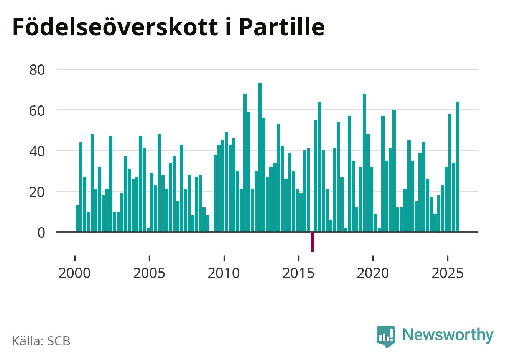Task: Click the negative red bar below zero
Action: point(312,242)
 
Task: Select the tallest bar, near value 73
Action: point(260,157)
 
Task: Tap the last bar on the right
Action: point(457,167)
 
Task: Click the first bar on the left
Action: point(77,219)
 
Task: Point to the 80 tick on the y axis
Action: point(37,70)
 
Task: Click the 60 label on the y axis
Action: point(37,110)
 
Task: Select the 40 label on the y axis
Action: point(37,151)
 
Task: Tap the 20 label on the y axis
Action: point(37,192)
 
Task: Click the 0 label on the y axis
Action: point(41,232)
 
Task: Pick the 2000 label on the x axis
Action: point(74,273)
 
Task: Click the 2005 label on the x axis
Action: point(149,273)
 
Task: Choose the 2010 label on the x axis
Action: point(224,273)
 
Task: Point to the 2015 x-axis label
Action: point(298,273)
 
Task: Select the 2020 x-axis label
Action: point(373,273)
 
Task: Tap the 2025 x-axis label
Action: point(447,273)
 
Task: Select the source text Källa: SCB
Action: point(41,341)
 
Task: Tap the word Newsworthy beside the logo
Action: point(448,335)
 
